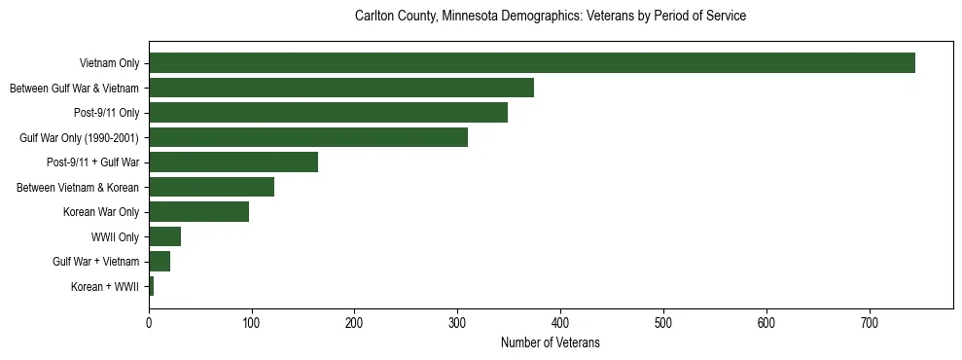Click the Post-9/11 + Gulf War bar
[x=233, y=162]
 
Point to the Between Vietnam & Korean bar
[x=211, y=187]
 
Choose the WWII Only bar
[x=164, y=236]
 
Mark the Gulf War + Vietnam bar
[x=160, y=261]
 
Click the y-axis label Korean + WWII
[x=105, y=286]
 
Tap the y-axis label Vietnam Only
[x=109, y=63]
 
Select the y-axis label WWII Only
[x=115, y=236]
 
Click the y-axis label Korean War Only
[x=101, y=212]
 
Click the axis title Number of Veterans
[x=550, y=343]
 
